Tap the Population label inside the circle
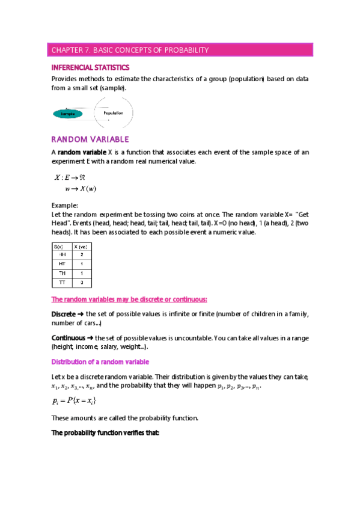[114, 112]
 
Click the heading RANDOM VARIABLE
[90, 140]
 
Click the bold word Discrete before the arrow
[63, 314]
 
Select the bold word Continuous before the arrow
[68, 338]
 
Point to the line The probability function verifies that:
[105, 434]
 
